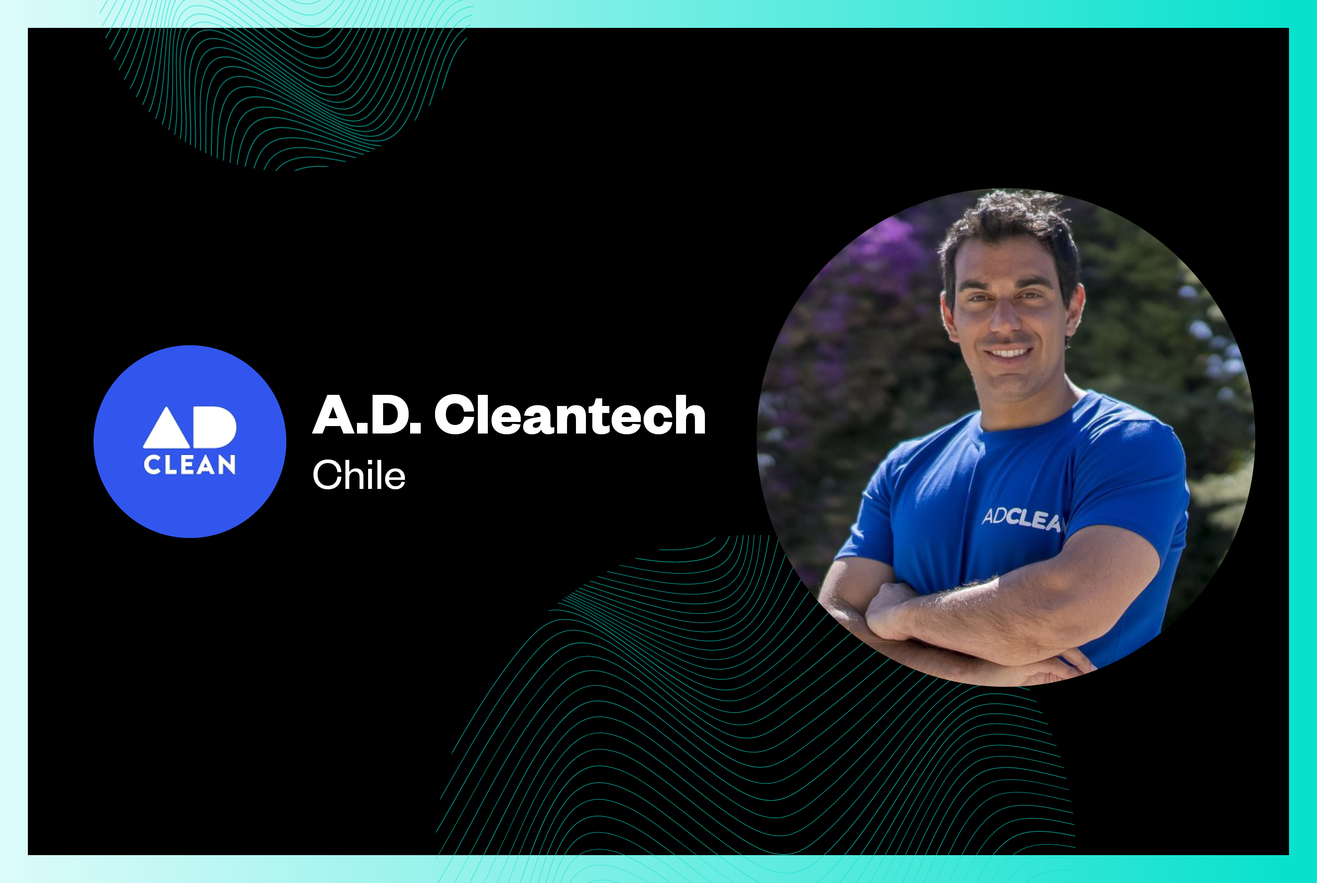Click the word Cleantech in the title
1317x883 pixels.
[570, 415]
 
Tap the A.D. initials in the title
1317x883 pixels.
[367, 415]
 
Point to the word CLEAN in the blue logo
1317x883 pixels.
[190, 465]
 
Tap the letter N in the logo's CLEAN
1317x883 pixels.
[227, 465]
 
